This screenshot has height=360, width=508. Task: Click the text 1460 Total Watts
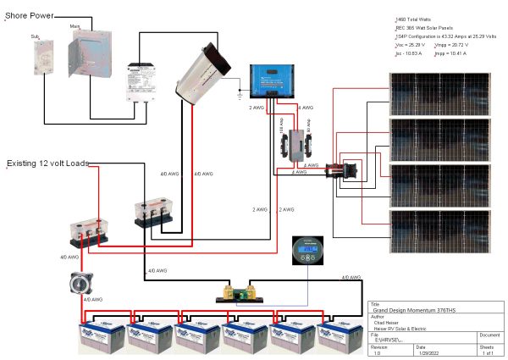coord(423,19)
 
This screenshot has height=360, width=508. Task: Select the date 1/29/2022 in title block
coord(429,353)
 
